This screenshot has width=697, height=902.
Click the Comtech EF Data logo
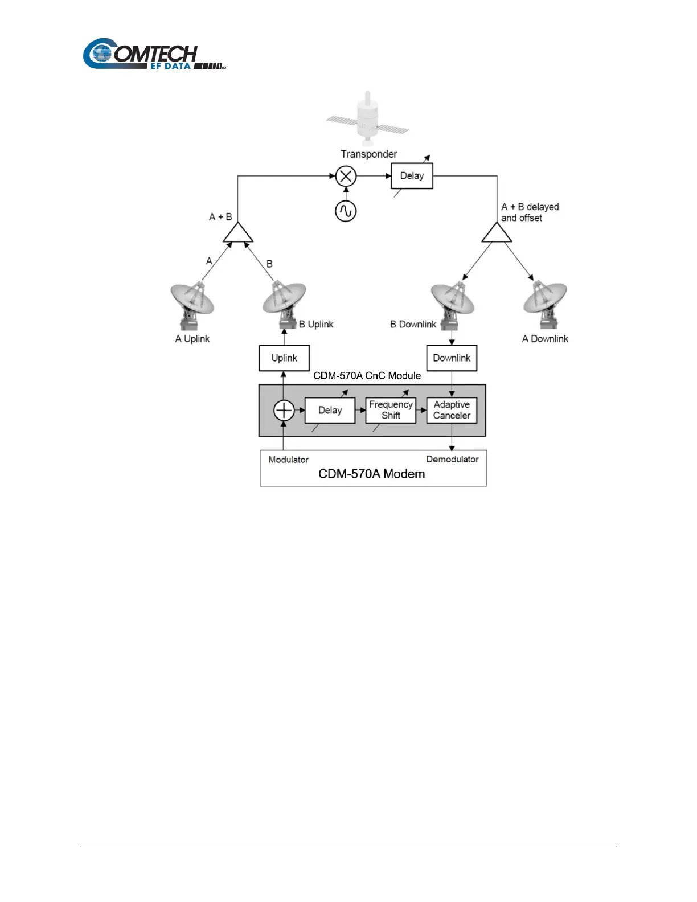[x=154, y=55]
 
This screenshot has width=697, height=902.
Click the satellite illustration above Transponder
[x=368, y=119]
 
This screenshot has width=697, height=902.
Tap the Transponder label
[x=368, y=154]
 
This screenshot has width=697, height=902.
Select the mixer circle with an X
[x=346, y=176]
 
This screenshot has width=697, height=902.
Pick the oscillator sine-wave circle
[x=346, y=211]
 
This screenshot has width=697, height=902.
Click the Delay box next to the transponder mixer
[x=412, y=176]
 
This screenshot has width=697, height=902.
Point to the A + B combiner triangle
[x=237, y=233]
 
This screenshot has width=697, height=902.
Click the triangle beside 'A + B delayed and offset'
[x=497, y=233]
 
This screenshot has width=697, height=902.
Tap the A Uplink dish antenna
[x=192, y=305]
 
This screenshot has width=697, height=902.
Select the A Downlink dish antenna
[x=545, y=305]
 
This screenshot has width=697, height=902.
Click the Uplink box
[x=284, y=358]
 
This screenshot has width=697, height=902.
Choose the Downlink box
[x=452, y=358]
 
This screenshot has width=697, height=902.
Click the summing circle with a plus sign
[x=284, y=410]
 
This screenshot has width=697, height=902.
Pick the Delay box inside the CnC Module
[x=330, y=410]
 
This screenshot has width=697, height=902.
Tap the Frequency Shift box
[x=391, y=410]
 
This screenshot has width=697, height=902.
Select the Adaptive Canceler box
[x=452, y=410]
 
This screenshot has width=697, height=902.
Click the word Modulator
[x=288, y=460]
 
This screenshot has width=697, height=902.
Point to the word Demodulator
[x=452, y=459]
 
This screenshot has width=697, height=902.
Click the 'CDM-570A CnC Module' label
[x=367, y=376]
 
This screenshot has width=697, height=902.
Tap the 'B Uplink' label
[x=316, y=324]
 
